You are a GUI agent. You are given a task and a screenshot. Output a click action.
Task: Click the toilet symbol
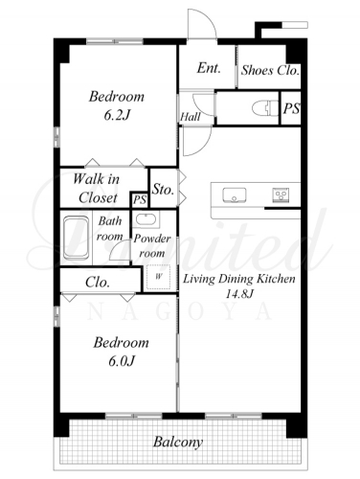coord(265,108)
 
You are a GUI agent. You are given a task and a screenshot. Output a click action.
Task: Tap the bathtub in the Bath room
coord(76,238)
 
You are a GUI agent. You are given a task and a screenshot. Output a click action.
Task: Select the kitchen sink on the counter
coord(235,194)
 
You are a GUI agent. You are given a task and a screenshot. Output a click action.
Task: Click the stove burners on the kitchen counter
coord(281,194)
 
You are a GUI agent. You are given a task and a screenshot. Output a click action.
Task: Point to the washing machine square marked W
coord(158,277)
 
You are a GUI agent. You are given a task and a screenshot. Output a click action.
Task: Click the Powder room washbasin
coord(146,219)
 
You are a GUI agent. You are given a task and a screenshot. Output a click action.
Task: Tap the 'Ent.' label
coord(209,68)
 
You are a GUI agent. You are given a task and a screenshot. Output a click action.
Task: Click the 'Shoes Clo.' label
coord(270,70)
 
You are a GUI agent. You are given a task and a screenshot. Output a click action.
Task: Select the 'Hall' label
coord(191,117)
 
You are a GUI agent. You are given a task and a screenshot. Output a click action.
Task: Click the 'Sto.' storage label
coord(163,189)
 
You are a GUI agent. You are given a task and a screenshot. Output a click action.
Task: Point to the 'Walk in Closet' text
coord(97,188)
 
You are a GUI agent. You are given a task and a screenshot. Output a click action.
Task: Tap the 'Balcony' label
coord(178,443)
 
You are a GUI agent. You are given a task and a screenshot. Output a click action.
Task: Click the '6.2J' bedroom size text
coord(118,115)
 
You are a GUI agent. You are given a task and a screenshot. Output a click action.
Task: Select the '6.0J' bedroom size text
coord(122,361)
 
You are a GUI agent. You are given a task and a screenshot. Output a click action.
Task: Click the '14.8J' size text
coord(239,294)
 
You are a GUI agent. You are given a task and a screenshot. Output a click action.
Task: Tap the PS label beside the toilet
coord(291,108)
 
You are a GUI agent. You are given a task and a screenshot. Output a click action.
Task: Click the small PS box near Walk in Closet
coord(140,200)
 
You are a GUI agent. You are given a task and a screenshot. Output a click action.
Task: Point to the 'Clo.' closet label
coord(98,283)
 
